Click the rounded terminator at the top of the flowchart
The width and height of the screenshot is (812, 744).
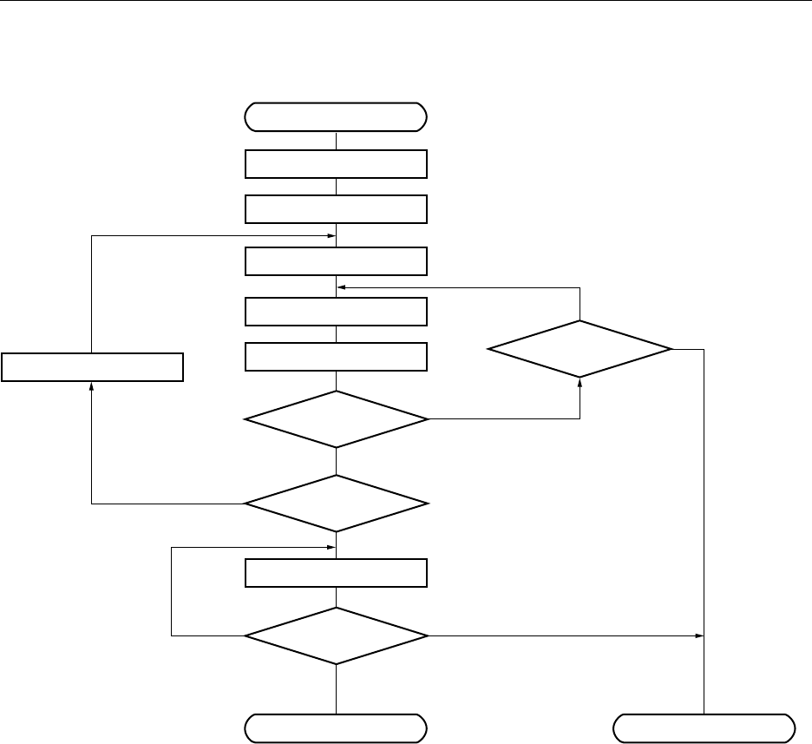tap(337, 115)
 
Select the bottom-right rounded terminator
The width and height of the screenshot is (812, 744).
tap(704, 727)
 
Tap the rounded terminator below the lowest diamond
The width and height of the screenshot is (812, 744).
tap(337, 727)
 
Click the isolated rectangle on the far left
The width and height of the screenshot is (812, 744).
tap(92, 367)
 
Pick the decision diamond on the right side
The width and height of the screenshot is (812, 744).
tap(580, 349)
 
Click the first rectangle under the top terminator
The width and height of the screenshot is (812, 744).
tap(337, 164)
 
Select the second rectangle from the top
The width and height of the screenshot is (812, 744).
tap(337, 209)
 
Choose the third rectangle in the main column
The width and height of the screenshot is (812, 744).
tap(337, 260)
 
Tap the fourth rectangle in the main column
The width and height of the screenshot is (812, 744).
tap(337, 311)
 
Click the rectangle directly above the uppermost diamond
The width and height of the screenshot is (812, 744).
tap(337, 356)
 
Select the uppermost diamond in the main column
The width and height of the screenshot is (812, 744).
tap(337, 419)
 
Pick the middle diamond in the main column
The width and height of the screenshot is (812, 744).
tap(337, 504)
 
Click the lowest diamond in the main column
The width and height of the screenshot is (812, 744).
tap(337, 636)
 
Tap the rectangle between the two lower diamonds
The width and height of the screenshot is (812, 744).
tap(337, 574)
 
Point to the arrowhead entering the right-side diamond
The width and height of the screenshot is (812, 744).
tap(580, 381)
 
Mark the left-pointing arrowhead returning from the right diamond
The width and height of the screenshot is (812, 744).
tap(341, 286)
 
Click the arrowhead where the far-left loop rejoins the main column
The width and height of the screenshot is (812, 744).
tap(331, 235)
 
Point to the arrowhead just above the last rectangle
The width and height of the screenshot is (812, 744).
tap(331, 548)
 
